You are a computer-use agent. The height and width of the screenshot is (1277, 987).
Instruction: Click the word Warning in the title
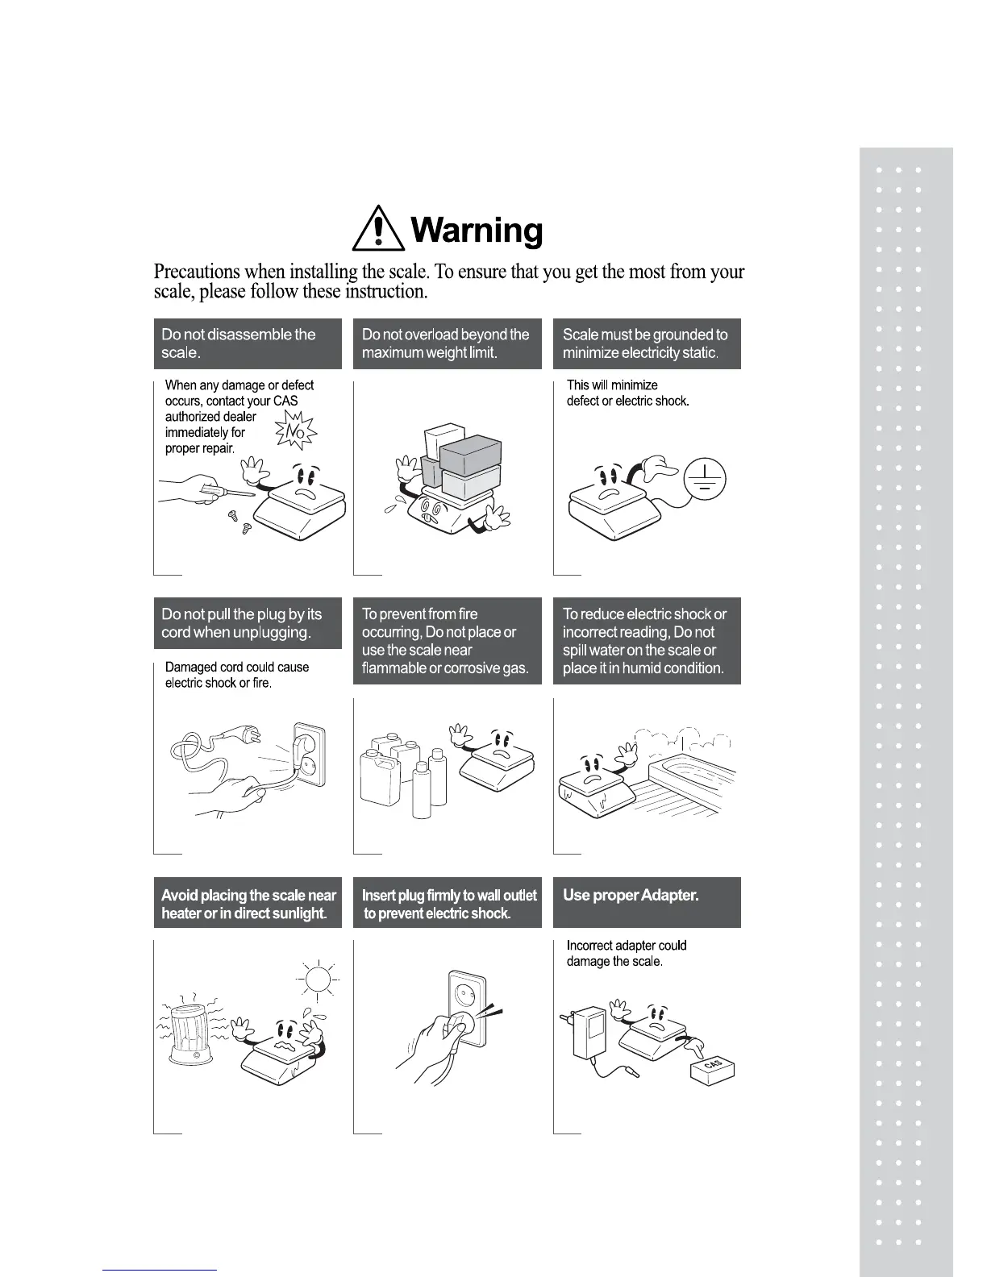477,231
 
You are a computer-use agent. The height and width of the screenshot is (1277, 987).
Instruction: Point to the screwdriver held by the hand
230,489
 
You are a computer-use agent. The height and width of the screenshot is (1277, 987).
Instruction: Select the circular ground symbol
705,479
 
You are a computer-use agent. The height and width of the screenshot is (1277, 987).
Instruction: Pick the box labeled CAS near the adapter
713,1069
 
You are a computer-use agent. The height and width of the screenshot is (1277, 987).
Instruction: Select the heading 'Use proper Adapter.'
631,896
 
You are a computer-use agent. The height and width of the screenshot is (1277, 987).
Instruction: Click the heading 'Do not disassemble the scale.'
239,343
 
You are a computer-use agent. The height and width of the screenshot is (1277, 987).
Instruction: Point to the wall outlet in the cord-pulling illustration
309,755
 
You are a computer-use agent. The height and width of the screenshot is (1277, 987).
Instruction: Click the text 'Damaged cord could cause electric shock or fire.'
236,675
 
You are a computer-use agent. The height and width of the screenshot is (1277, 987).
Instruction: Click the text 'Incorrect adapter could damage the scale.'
627,953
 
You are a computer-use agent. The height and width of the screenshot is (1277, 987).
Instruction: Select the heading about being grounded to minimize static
645,343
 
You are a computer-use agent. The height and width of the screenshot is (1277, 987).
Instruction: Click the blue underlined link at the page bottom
160,1270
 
